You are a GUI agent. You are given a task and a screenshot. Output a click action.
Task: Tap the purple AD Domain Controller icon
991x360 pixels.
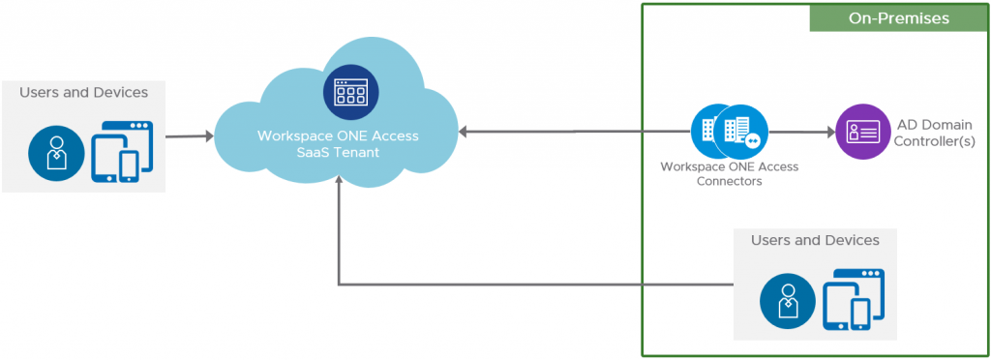coord(862,132)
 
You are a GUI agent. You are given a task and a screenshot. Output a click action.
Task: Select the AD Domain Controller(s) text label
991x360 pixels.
coord(935,132)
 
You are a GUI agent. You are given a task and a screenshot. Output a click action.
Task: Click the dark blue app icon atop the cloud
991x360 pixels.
coord(351,92)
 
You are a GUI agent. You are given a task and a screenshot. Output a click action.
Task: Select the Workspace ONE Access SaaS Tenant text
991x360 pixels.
coord(338,144)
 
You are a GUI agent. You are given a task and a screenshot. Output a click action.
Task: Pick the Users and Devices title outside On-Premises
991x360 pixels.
coord(83,93)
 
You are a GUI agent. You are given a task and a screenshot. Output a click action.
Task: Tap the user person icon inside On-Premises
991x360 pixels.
coord(787,299)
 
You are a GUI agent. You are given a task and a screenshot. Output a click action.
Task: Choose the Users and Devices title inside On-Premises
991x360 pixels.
coord(815,240)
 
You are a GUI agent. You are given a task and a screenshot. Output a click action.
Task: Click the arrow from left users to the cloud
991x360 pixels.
coord(189,136)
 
